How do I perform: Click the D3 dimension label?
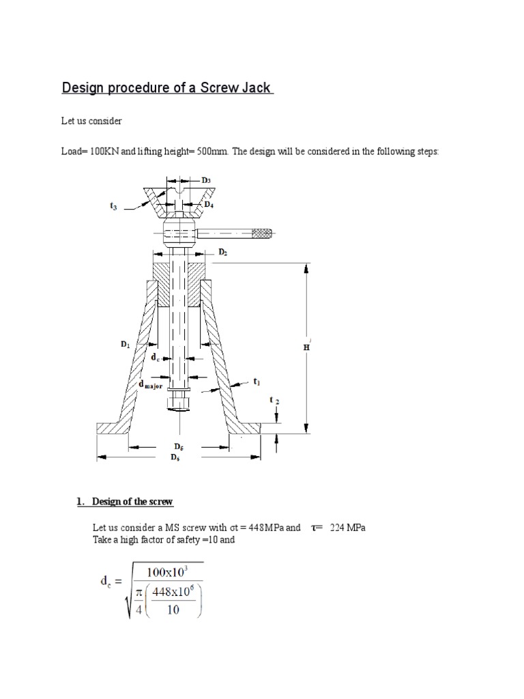click(x=206, y=180)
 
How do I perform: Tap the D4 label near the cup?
click(x=209, y=203)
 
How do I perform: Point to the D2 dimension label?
click(x=222, y=252)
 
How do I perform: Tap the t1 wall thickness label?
click(x=257, y=382)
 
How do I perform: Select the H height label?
click(x=306, y=347)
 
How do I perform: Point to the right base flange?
click(x=244, y=428)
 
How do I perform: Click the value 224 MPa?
click(x=347, y=528)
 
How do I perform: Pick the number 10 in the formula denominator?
click(x=173, y=610)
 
